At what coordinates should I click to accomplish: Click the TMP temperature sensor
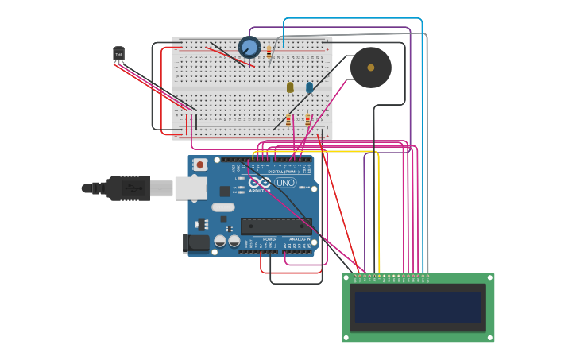tap(119, 54)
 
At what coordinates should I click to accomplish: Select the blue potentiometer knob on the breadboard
tap(249, 48)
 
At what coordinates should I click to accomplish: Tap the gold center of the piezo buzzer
tap(371, 68)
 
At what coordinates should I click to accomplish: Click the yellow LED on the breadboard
tap(290, 87)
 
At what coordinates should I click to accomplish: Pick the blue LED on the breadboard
tap(309, 87)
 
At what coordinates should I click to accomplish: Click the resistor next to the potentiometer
tap(269, 53)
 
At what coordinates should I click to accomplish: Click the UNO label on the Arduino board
tap(285, 183)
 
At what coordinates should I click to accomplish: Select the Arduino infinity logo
tap(259, 183)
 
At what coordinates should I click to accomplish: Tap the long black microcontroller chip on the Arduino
tap(276, 226)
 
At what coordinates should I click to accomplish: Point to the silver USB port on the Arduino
tap(191, 188)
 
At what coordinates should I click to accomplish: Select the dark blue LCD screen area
tap(418, 307)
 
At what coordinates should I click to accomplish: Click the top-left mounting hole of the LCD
tap(346, 277)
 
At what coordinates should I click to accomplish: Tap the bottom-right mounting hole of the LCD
tap(489, 337)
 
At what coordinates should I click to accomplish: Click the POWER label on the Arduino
tap(269, 238)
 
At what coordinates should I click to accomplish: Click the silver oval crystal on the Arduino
tap(223, 207)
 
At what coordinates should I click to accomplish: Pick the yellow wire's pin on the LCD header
tap(379, 277)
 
